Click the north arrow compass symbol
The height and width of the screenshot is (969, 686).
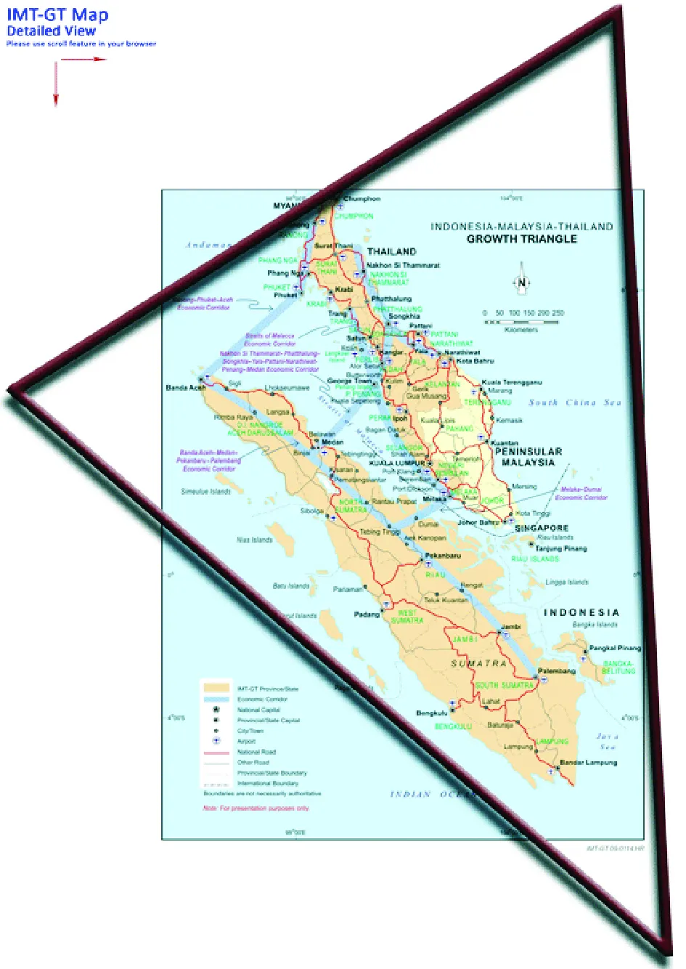click(x=520, y=284)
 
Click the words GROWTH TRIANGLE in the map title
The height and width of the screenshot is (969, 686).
click(x=521, y=239)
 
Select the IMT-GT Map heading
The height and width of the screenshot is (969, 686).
click(x=57, y=15)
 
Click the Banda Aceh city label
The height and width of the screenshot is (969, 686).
click(x=186, y=388)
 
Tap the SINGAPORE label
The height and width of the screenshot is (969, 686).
click(x=542, y=528)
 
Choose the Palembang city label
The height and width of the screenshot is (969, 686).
click(x=557, y=671)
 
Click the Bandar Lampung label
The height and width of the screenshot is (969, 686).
click(x=589, y=763)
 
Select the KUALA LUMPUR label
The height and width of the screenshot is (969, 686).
click(x=396, y=463)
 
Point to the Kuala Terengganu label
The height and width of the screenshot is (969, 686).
click(x=512, y=382)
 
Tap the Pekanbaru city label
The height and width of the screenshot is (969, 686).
click(x=443, y=556)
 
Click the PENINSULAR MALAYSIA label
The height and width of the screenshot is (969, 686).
click(x=528, y=457)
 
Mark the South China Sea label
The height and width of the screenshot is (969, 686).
click(x=574, y=402)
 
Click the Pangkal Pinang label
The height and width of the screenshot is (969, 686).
click(x=615, y=648)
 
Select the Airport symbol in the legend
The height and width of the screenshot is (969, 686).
click(x=216, y=741)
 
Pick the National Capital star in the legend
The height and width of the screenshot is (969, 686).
click(x=216, y=709)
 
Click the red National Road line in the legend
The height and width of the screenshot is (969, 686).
click(x=216, y=752)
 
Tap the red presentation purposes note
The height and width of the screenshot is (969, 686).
click(x=256, y=808)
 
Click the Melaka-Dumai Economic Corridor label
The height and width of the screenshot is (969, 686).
click(x=581, y=493)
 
